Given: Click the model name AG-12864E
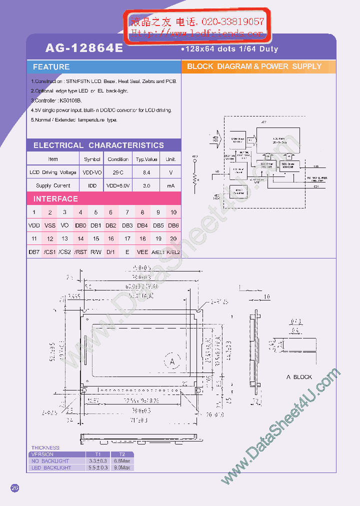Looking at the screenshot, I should click(x=84, y=48).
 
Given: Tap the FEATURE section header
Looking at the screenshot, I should click(x=51, y=67).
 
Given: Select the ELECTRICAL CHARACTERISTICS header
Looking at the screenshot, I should click(x=98, y=145).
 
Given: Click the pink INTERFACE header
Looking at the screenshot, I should click(x=55, y=199).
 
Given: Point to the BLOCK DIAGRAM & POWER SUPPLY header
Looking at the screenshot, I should click(x=254, y=66).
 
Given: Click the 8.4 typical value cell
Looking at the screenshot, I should click(x=146, y=172).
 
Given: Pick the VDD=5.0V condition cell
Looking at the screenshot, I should click(x=118, y=185).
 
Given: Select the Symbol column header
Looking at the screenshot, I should click(x=92, y=159).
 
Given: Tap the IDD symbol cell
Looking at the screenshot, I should click(x=92, y=185).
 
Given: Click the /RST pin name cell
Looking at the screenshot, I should click(x=80, y=252).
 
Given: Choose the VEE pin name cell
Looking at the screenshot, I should click(x=142, y=252).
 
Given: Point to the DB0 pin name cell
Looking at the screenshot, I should click(x=80, y=225).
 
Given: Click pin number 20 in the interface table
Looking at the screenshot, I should click(x=173, y=239).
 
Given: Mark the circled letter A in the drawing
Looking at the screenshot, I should click(x=172, y=361).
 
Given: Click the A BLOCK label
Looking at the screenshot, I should click(x=299, y=377).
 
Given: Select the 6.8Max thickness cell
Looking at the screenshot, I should click(x=122, y=461).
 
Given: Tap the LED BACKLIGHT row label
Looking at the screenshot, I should click(x=51, y=468).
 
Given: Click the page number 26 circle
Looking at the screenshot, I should click(x=14, y=488).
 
